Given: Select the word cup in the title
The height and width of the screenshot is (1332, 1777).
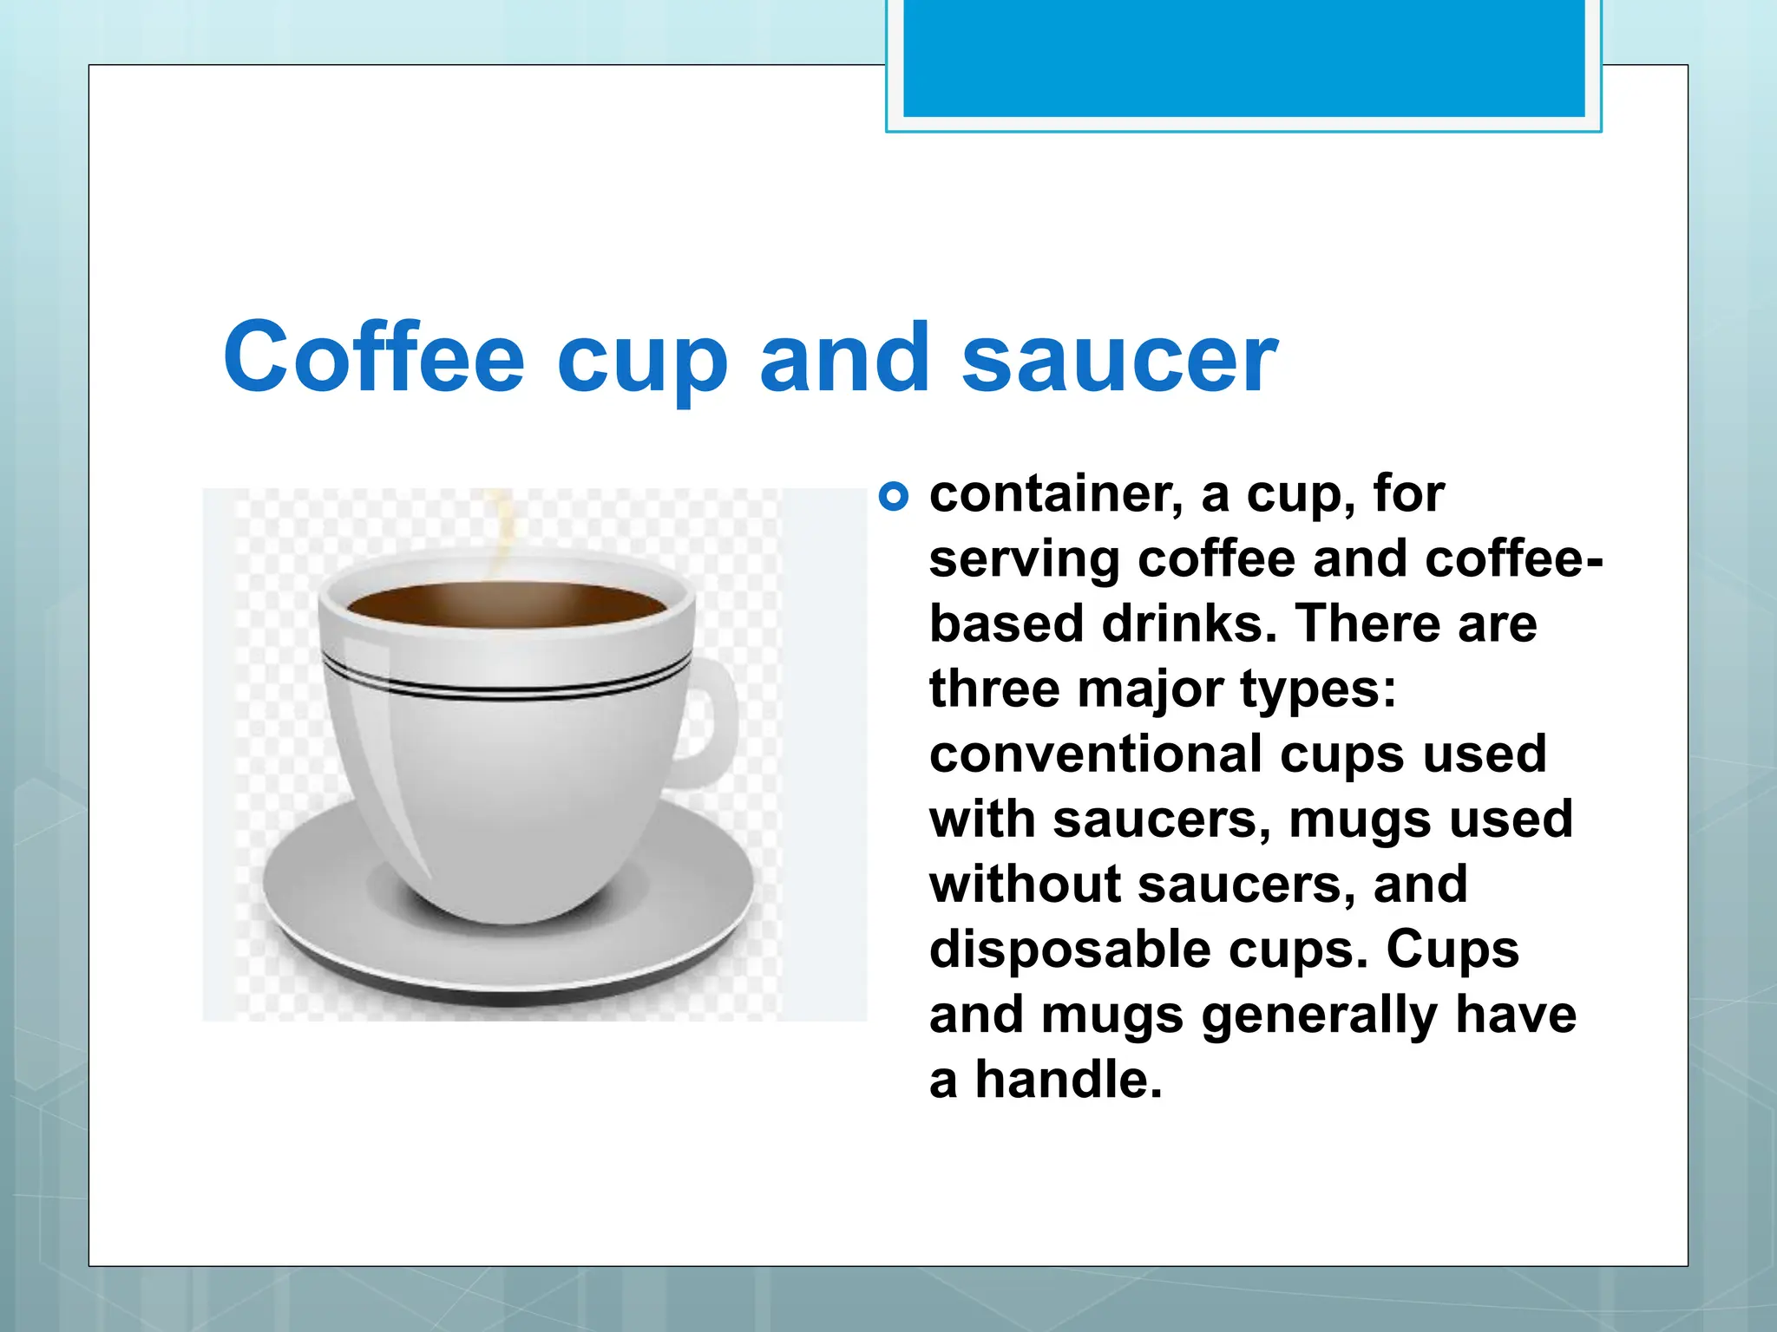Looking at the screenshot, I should pos(642,360).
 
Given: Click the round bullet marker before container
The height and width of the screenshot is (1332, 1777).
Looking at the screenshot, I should pos(893,497).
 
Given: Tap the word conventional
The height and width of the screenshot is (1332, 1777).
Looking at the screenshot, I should pos(1097,754).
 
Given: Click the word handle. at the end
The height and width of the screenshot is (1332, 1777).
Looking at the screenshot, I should pos(1068,1080).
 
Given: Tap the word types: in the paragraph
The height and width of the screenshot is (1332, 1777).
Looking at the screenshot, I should pos(1318,690).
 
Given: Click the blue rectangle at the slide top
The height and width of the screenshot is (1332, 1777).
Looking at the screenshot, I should pos(1243,57).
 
